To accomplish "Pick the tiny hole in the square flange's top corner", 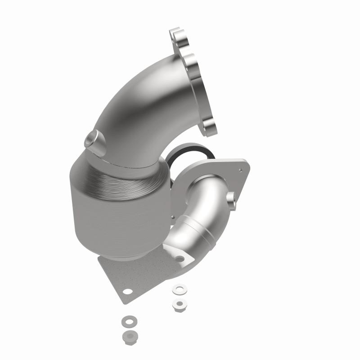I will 240,170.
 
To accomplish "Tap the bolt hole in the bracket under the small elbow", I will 180,259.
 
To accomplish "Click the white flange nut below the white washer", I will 179,305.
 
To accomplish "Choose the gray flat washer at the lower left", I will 127,322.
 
